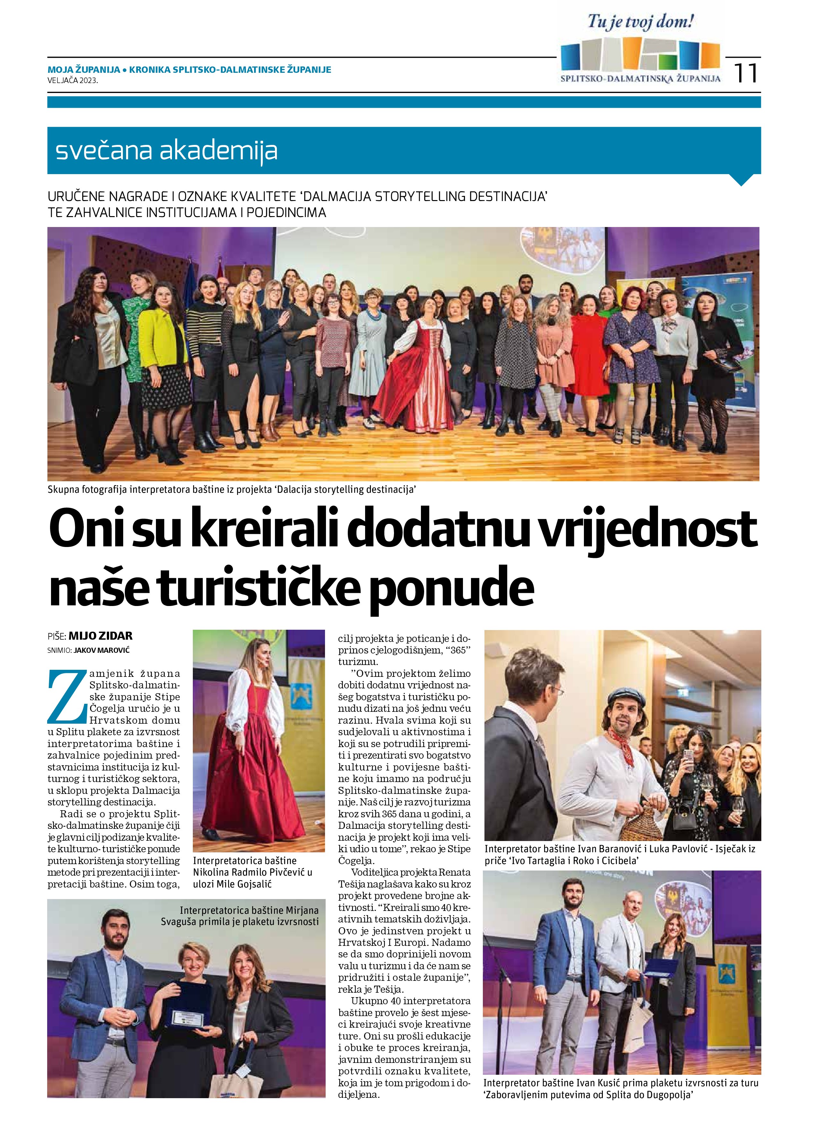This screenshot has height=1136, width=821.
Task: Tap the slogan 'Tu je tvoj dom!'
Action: [641, 22]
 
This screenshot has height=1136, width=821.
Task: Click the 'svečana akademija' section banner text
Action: [167, 151]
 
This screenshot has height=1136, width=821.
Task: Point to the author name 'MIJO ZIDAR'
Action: [100, 636]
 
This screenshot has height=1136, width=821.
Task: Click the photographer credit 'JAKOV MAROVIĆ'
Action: [105, 650]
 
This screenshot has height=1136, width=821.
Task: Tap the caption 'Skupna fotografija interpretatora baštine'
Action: [232, 489]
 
